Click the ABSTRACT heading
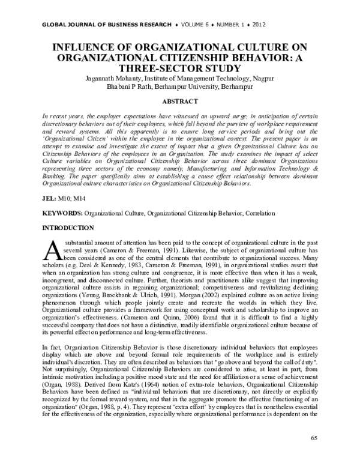point(180,101)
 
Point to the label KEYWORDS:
point(62,213)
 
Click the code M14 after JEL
point(79,198)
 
